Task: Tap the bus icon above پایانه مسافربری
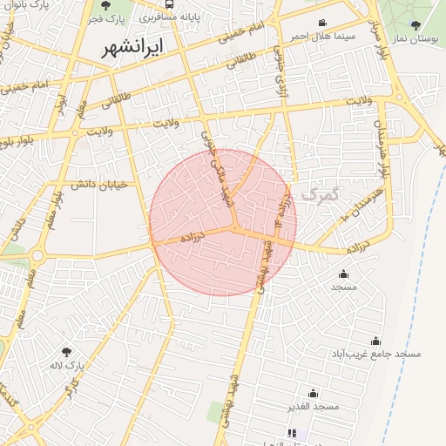coord(168,3)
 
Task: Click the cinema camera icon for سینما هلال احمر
coord(322,23)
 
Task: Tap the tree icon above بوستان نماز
coord(416,25)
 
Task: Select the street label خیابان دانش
coord(98,184)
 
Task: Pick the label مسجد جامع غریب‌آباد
coord(375,355)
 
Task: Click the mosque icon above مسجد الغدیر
coord(313,394)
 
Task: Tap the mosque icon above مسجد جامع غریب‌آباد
coord(375,341)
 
